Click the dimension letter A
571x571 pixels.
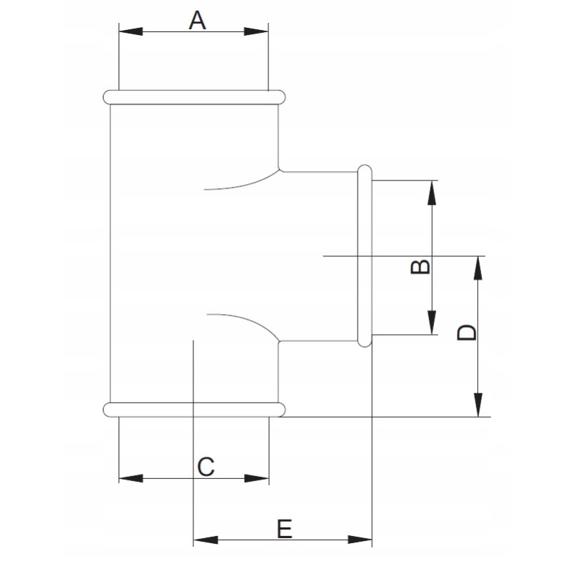click(197, 20)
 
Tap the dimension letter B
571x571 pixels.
click(421, 266)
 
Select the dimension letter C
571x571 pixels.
click(206, 467)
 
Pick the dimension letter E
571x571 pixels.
click(284, 529)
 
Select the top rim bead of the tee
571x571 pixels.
click(194, 96)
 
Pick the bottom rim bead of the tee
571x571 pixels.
click(194, 409)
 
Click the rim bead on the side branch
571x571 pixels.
click(364, 256)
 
